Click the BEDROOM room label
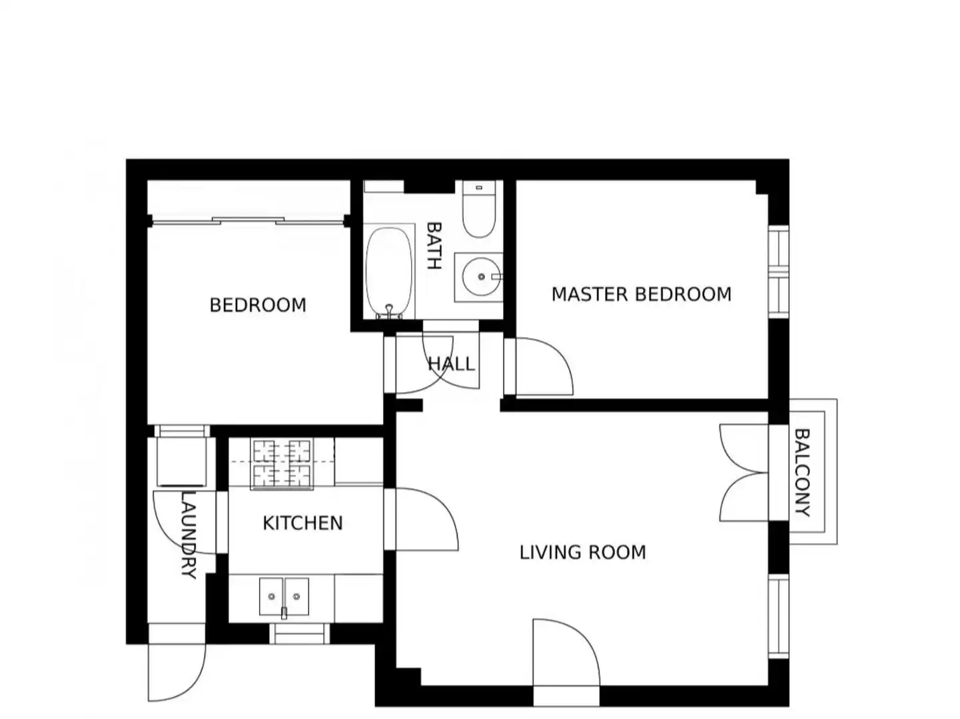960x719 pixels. click(x=258, y=305)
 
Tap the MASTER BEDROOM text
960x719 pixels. click(x=641, y=294)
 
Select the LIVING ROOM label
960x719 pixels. click(x=582, y=553)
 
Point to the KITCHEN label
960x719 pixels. click(x=302, y=523)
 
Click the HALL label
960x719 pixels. click(x=451, y=364)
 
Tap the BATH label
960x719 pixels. click(x=434, y=246)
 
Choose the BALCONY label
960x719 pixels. click(x=802, y=473)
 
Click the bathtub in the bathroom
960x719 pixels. click(x=389, y=271)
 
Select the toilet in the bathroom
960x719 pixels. click(x=479, y=209)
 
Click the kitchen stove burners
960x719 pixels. click(x=282, y=464)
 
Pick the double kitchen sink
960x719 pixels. click(x=284, y=597)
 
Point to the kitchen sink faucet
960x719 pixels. click(x=284, y=612)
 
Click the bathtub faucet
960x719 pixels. click(x=389, y=311)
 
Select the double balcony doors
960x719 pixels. click(x=743, y=473)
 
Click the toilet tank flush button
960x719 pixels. click(x=479, y=188)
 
